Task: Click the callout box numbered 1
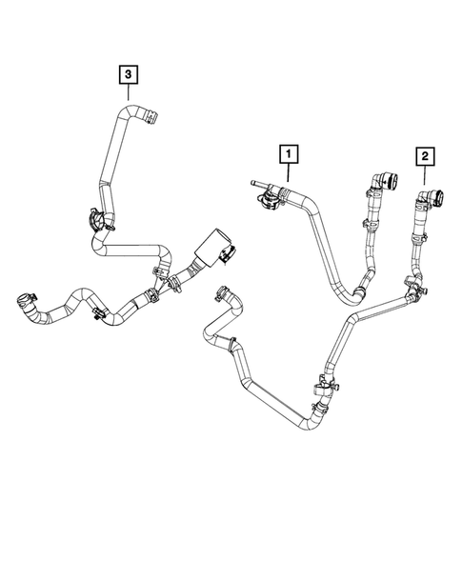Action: coord(289,154)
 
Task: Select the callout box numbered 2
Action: coord(425,156)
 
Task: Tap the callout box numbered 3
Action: coord(128,74)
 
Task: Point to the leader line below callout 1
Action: coord(289,172)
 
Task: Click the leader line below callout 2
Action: coord(425,175)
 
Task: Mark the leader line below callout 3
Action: coord(128,92)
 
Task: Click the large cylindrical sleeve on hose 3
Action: coord(210,248)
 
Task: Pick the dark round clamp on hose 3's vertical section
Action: coord(96,220)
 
